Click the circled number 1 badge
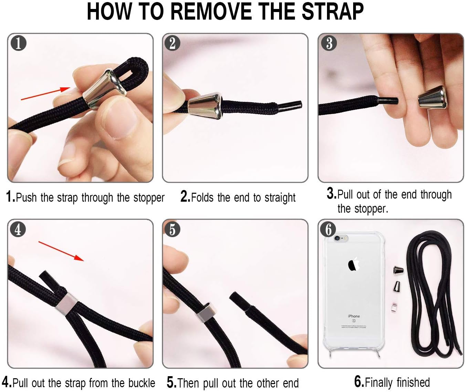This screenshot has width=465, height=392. [x=19, y=43]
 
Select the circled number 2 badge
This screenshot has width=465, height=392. [x=172, y=43]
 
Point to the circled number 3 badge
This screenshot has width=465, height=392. [x=329, y=43]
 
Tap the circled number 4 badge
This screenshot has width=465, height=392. [x=18, y=229]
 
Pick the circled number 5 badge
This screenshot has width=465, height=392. [x=172, y=229]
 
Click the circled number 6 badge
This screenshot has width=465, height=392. [x=328, y=229]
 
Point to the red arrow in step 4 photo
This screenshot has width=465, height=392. [x=61, y=251]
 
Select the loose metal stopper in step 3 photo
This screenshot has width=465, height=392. [x=432, y=97]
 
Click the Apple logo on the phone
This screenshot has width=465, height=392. [x=354, y=264]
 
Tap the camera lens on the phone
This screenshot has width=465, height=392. [x=337, y=239]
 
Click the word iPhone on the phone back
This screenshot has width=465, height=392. [x=353, y=316]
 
